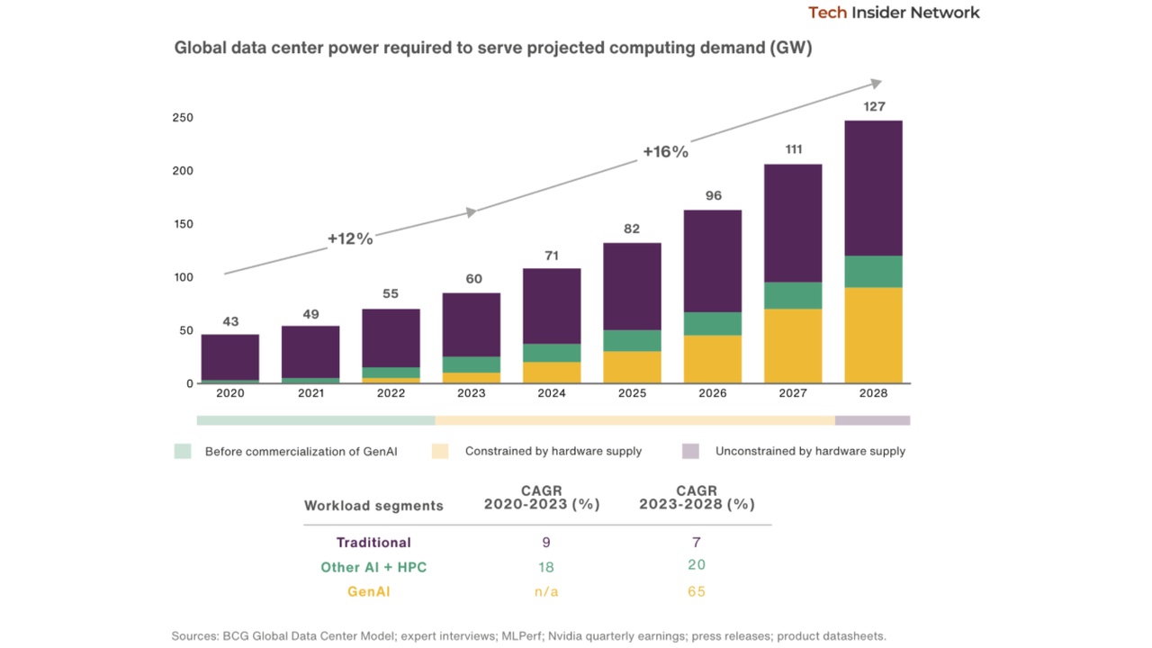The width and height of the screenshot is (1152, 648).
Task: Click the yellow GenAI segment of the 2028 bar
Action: tap(873, 335)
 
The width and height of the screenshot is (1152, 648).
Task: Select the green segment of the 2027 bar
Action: tap(793, 295)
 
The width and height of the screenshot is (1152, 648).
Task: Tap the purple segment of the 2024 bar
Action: tap(552, 306)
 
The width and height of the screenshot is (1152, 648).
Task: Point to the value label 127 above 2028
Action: tap(873, 106)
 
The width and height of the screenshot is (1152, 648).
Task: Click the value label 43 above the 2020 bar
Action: tap(230, 321)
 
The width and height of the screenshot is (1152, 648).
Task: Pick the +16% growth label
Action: tap(665, 152)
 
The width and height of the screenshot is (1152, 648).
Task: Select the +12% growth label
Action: tap(349, 238)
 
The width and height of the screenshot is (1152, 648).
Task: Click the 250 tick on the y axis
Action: tap(183, 118)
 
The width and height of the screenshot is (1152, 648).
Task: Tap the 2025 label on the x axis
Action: tap(632, 393)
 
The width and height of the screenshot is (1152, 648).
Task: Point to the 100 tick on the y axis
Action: tap(183, 277)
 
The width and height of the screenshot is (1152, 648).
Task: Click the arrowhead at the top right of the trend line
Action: tap(876, 84)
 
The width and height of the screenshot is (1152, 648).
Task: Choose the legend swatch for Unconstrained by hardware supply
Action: tap(690, 451)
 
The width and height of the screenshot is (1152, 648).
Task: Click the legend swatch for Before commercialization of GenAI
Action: tap(183, 451)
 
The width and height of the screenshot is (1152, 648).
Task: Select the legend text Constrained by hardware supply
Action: tap(553, 451)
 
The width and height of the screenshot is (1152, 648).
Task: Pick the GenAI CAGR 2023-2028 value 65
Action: tap(697, 591)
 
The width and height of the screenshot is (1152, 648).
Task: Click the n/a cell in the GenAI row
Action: tap(545, 591)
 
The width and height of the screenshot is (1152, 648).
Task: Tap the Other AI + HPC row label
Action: tap(373, 567)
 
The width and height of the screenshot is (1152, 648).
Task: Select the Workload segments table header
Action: tap(373, 506)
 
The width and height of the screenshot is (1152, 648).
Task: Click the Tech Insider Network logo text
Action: tap(894, 13)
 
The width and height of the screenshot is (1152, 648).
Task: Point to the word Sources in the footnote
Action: tap(194, 635)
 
